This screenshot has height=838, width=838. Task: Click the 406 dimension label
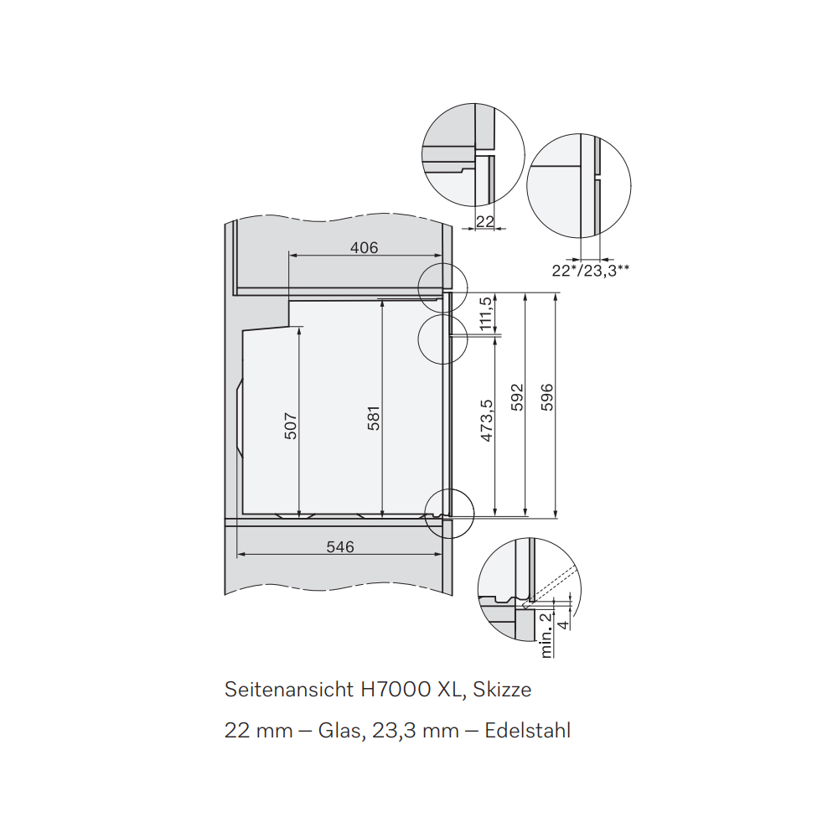[364, 247]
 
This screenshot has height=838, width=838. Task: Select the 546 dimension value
[340, 546]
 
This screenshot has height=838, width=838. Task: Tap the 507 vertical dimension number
[290, 426]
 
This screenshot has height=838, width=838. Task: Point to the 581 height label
[374, 418]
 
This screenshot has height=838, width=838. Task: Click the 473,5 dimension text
[487, 421]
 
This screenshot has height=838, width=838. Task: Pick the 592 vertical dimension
[517, 397]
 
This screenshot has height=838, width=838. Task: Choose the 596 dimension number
[547, 397]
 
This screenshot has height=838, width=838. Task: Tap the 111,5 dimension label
[485, 313]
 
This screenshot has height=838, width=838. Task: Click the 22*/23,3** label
[591, 271]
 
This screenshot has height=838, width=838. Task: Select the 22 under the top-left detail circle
[484, 221]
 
